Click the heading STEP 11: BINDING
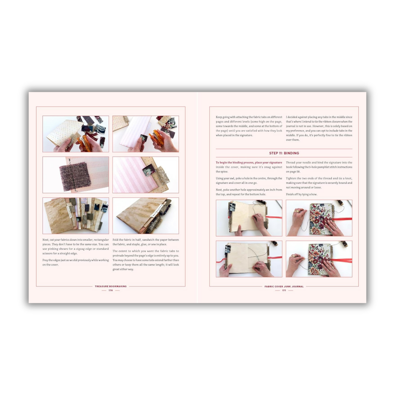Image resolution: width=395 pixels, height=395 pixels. coord(284,153)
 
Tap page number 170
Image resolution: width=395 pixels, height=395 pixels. coord(110,290)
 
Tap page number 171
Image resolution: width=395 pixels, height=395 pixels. coord(284,290)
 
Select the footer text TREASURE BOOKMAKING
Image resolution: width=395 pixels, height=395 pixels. coord(110,286)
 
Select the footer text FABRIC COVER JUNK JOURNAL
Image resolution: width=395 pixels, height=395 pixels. coord(284,286)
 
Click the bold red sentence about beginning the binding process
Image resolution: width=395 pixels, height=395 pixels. coord(249,162)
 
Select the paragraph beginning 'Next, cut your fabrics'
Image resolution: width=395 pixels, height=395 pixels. coord(75,247)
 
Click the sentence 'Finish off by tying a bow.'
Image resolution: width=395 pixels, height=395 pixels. coord(302,194)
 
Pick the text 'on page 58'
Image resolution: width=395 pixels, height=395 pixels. coord(293,172)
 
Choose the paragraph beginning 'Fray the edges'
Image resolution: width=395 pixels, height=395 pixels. coord(75,262)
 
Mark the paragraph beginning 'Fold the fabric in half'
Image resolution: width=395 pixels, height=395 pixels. coord(146,242)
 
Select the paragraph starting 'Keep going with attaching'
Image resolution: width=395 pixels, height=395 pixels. coord(249,126)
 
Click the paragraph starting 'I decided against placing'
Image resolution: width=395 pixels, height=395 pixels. coord(319,128)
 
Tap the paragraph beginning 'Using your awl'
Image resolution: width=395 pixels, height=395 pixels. coord(249,180)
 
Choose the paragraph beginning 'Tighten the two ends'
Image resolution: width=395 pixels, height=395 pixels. coord(319,183)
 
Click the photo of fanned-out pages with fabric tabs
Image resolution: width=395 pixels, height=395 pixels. coord(76,216)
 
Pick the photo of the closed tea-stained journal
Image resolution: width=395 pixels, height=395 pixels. coord(146,216)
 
